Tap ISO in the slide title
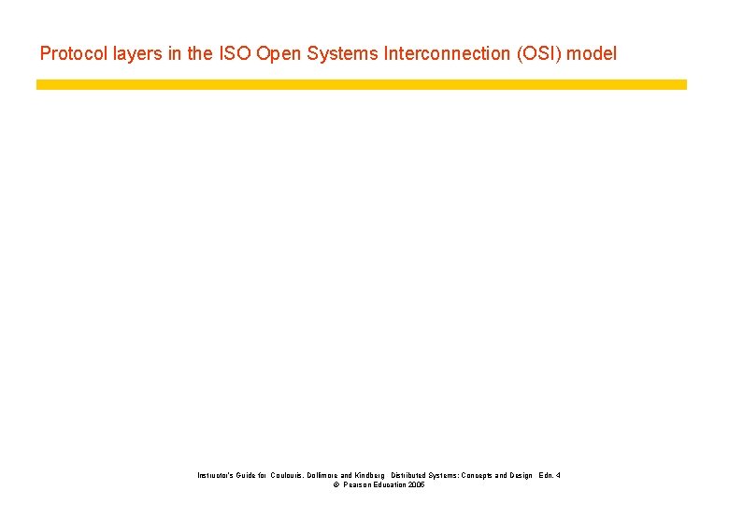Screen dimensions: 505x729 [235, 53]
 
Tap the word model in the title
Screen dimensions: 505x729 [593, 53]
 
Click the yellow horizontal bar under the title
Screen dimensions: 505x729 [361, 84]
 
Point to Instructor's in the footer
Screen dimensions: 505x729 [214, 476]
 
